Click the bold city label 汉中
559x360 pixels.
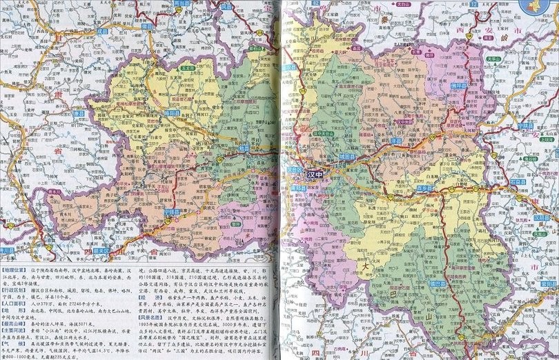(x=320, y=176)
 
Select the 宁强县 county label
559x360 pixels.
(x=174, y=211)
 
